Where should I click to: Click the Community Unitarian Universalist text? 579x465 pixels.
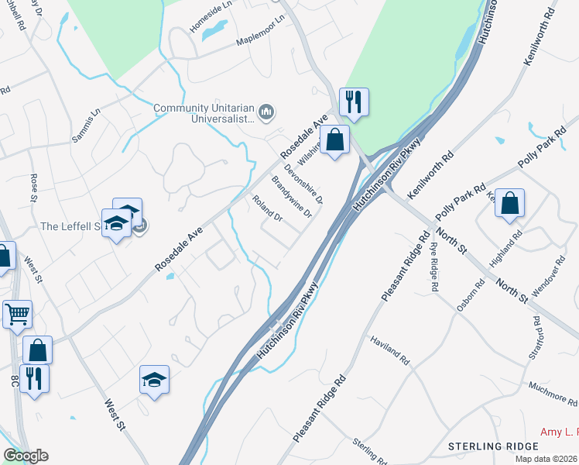tap(204, 114)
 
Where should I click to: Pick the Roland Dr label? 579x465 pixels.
tap(268, 208)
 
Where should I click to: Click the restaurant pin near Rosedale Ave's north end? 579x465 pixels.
tap(353, 102)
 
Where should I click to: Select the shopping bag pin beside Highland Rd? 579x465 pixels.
tap(510, 205)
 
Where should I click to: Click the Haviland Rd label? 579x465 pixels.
tap(389, 351)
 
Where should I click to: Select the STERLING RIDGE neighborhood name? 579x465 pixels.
tap(492, 446)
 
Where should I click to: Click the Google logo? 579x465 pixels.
tap(26, 456)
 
